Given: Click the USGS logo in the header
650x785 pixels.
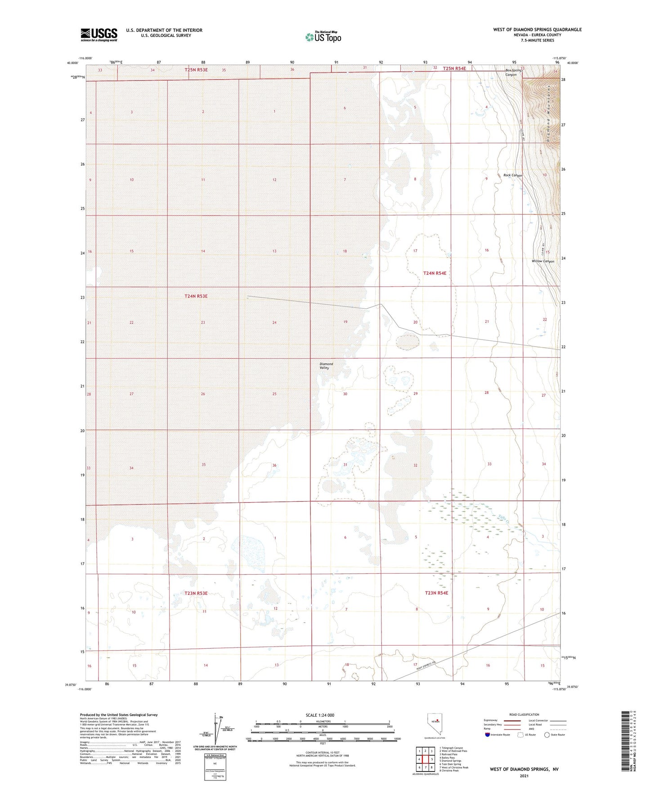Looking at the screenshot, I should [99, 34].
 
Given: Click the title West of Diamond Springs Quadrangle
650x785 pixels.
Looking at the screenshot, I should [537, 30].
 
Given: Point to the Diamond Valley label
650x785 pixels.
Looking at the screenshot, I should [326, 366].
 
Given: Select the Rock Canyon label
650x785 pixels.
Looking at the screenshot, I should [513, 175].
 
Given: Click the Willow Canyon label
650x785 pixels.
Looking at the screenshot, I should [543, 261].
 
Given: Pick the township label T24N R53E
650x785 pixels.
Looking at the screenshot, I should [196, 296].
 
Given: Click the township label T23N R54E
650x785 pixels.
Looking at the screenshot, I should [436, 593].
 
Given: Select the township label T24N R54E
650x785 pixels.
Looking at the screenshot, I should [435, 273].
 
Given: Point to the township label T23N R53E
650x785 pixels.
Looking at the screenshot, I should [196, 593].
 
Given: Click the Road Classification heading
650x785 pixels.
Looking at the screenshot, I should [524, 714].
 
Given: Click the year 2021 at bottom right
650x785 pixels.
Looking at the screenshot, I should [524, 776].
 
